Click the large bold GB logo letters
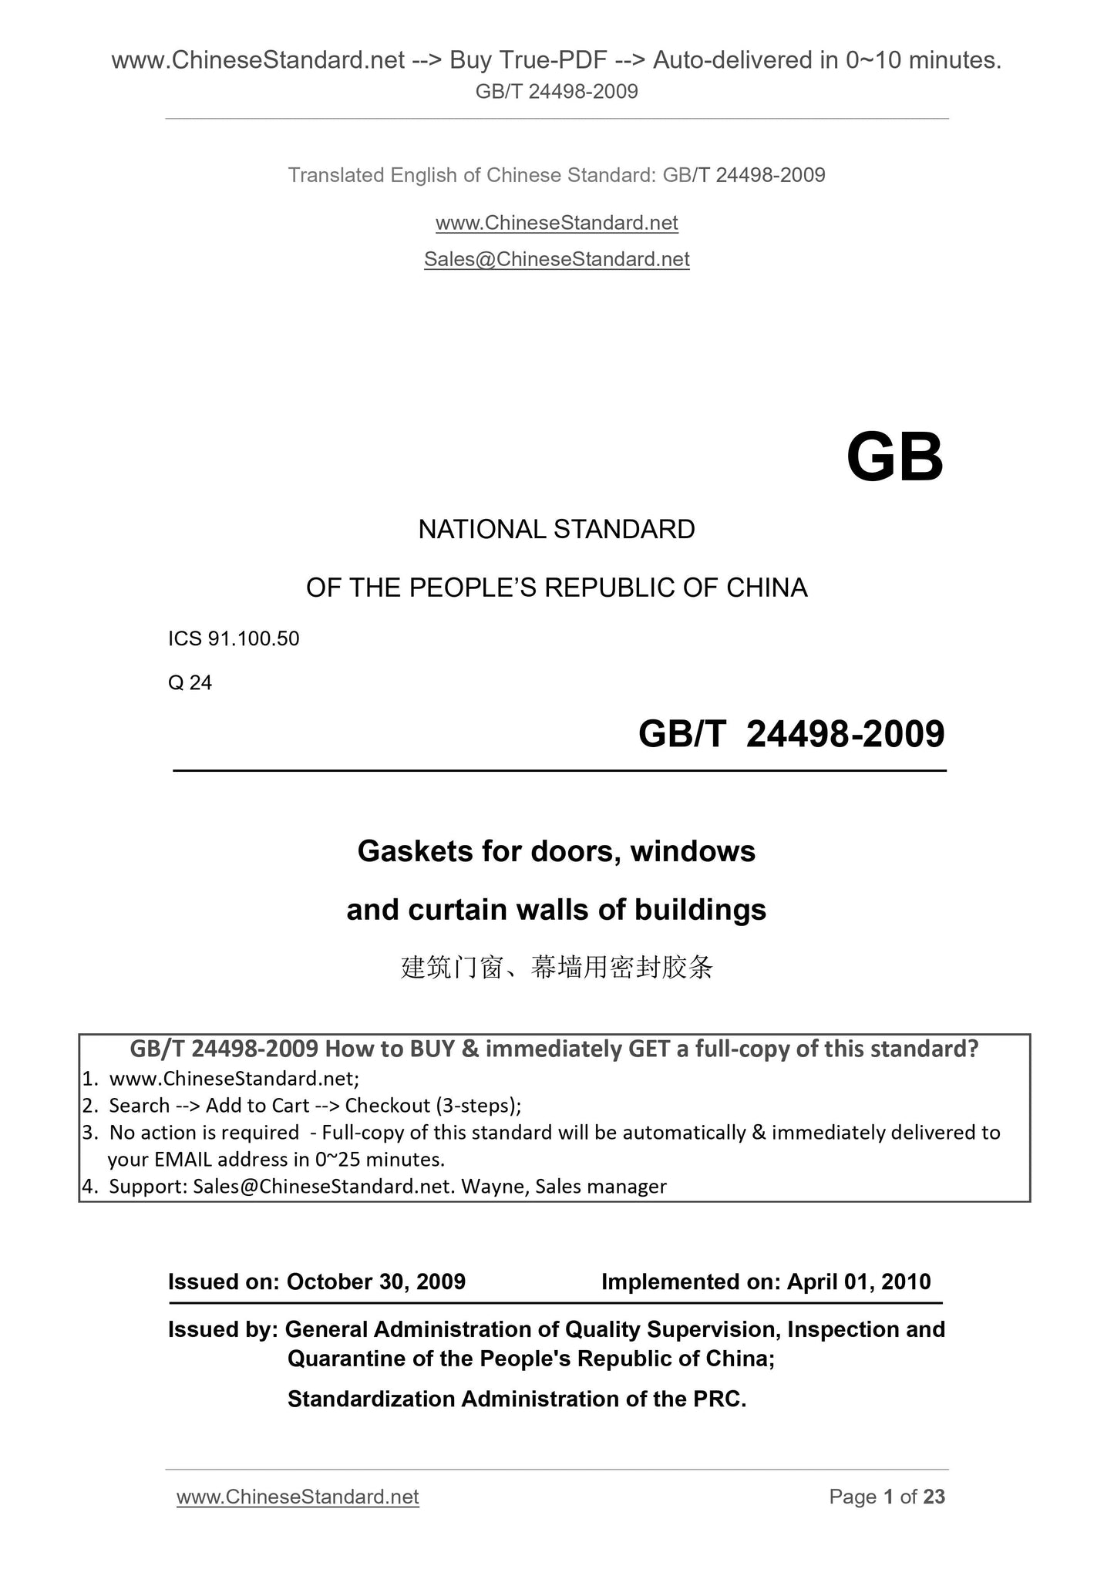894,458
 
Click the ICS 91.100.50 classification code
234,638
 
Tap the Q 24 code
190,682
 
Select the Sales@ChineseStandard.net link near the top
557,259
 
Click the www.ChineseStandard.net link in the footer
298,1497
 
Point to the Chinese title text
557,967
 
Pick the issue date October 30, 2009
376,1281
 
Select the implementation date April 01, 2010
859,1281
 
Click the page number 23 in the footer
934,1497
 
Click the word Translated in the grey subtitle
336,175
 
